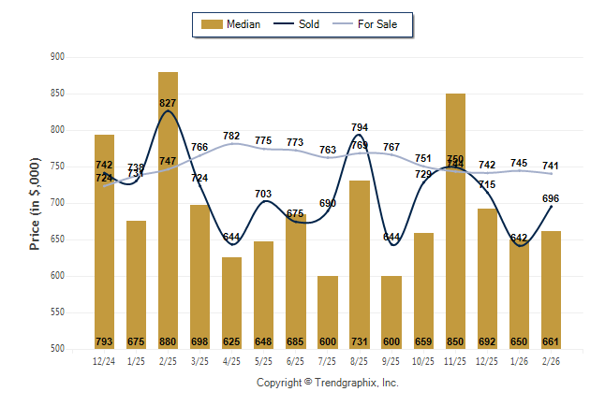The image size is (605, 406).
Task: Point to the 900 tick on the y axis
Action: point(56,57)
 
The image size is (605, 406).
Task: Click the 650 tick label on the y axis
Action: point(56,239)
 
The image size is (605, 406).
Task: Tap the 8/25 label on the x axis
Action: point(360,360)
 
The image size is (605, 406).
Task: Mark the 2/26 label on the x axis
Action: point(551,360)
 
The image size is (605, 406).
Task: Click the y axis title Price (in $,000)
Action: point(35,202)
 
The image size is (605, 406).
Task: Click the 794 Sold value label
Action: point(360,127)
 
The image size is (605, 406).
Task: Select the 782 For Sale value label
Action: point(232,137)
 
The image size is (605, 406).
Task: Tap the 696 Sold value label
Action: point(551,198)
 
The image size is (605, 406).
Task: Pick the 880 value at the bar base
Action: point(168,341)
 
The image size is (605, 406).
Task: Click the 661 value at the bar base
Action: point(551,341)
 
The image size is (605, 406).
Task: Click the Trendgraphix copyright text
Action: point(328,383)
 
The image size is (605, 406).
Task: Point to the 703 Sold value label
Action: point(264,194)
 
